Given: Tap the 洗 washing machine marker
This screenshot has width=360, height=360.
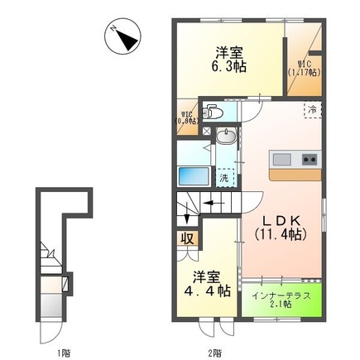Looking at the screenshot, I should point(225,177).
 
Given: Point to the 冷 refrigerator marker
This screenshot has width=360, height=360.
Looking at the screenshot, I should point(312,108).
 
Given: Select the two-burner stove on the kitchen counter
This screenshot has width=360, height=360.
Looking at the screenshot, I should point(310,158).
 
